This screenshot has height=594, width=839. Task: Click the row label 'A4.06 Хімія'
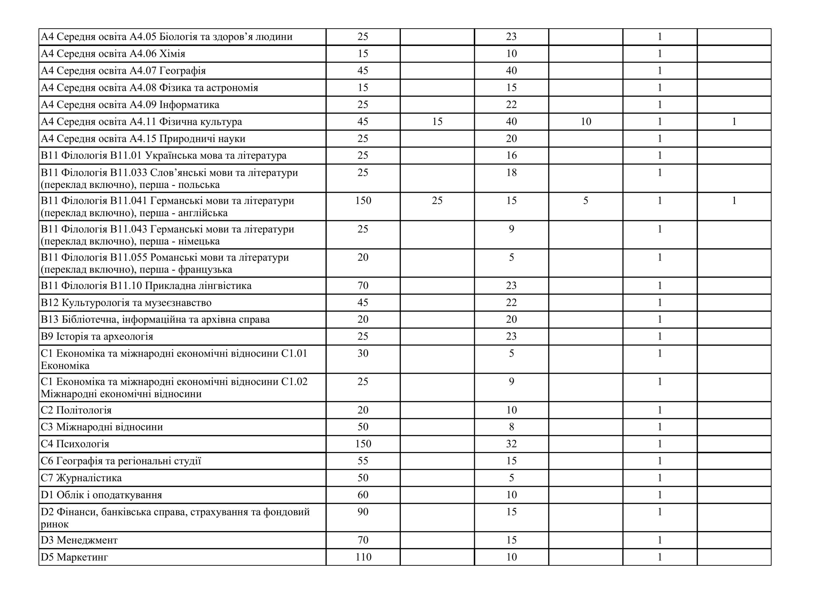[x=113, y=54]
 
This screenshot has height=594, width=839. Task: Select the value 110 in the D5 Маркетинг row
[x=363, y=557]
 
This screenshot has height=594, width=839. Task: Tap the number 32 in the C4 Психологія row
[x=511, y=444]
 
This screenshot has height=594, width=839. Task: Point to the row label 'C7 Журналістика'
[x=81, y=478]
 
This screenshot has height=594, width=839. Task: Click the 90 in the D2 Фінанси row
[x=363, y=512]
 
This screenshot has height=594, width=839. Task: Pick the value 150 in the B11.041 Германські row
[x=363, y=200]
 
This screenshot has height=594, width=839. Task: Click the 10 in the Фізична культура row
[x=586, y=121]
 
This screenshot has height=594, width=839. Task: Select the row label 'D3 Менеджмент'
[x=79, y=540]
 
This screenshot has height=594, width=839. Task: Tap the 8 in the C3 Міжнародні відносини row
[x=512, y=427]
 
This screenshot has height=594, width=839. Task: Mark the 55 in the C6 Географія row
[x=363, y=461]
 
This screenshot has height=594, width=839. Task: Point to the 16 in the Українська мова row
[x=511, y=155]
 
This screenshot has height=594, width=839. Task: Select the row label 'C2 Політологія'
[x=76, y=410]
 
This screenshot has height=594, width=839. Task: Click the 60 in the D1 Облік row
[x=363, y=495]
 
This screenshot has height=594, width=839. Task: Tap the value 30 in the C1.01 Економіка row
[x=363, y=353]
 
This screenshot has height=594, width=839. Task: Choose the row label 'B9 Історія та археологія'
[x=97, y=337]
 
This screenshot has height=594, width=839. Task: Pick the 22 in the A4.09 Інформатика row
[x=511, y=105]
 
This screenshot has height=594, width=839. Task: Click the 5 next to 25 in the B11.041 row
[x=585, y=200]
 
